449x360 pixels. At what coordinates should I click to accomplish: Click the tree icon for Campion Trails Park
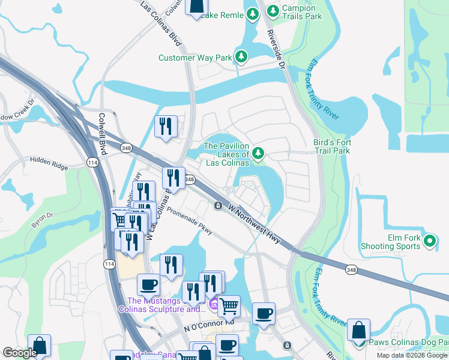click(x=273, y=11)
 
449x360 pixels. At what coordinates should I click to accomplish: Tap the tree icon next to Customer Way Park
click(x=241, y=57)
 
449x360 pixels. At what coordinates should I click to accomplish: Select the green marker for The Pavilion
click(x=258, y=154)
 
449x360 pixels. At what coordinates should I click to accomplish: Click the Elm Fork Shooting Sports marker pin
click(x=429, y=241)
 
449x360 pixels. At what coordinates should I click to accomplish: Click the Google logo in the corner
click(x=20, y=353)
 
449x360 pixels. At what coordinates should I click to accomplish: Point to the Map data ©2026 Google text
click(x=411, y=355)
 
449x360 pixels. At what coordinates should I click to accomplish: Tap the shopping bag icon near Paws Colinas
click(x=358, y=330)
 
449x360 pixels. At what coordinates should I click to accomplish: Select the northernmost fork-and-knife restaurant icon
click(x=165, y=126)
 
